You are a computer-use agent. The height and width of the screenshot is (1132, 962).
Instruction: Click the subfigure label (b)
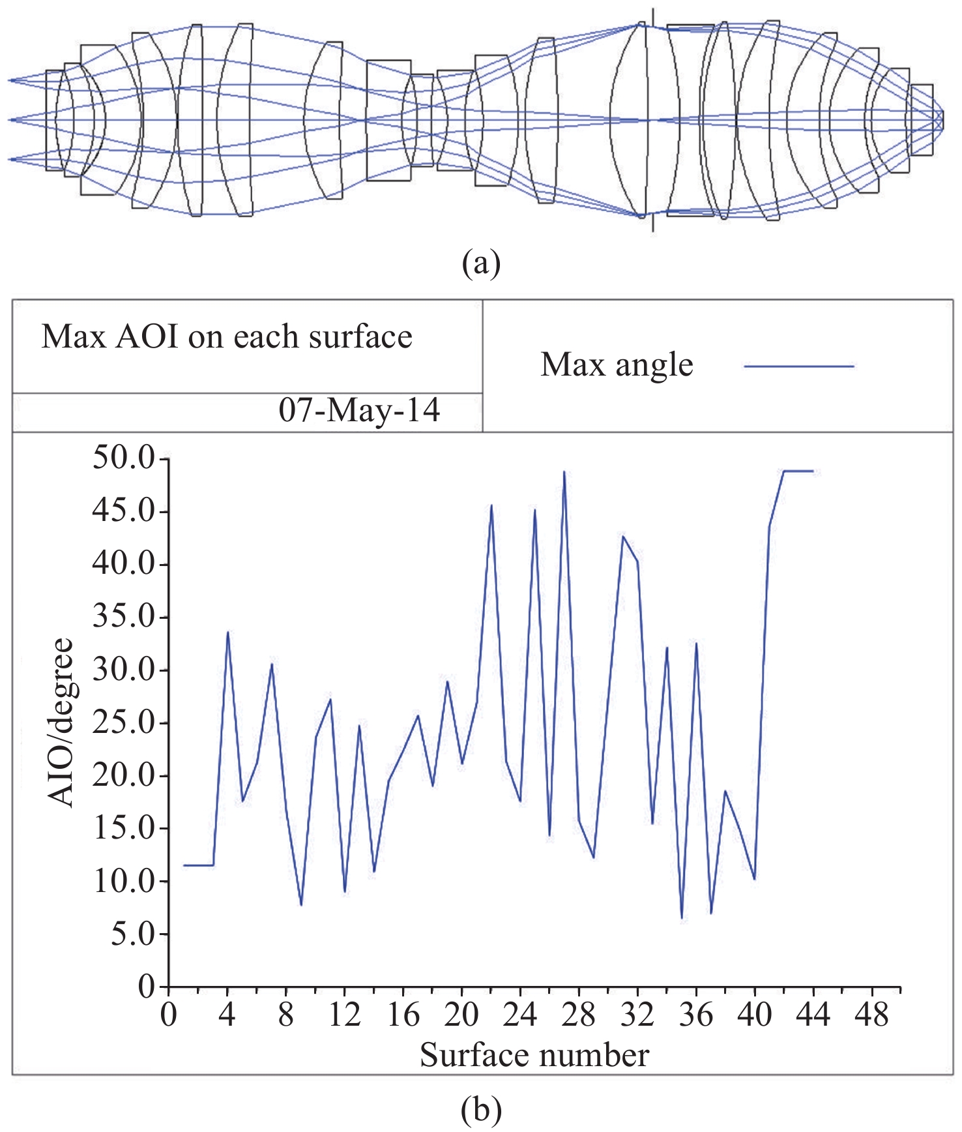click(481, 1110)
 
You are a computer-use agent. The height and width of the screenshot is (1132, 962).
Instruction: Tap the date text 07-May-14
click(359, 411)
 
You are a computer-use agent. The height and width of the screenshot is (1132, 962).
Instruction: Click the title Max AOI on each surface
click(227, 337)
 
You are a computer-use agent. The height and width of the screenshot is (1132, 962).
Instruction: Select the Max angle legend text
click(617, 365)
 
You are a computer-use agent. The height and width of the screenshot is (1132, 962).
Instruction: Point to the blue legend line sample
click(799, 366)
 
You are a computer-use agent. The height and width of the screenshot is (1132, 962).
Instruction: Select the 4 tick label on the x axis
click(227, 1015)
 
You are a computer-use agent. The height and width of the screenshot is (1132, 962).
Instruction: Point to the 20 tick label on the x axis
click(461, 1015)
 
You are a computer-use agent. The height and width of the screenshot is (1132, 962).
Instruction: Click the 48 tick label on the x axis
click(871, 1015)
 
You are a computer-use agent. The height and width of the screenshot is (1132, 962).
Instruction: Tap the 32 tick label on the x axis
click(637, 1015)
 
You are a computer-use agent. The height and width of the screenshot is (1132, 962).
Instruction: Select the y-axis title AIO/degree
click(63, 722)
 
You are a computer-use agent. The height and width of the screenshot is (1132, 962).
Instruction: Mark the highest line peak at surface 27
click(564, 471)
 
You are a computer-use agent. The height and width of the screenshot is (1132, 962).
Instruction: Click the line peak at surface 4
click(227, 632)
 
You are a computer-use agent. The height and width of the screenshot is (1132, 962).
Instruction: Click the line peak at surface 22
click(491, 505)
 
